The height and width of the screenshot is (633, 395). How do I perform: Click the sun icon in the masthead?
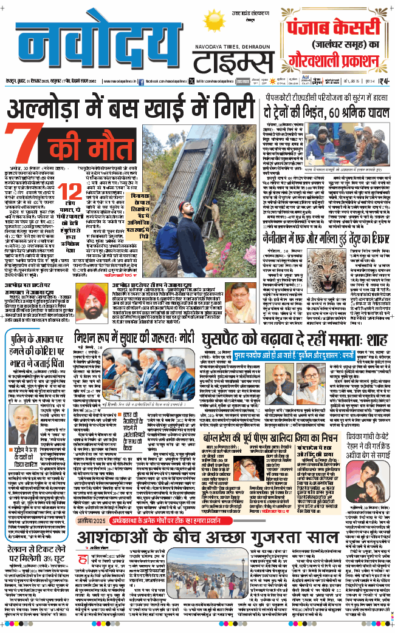pos(215,24)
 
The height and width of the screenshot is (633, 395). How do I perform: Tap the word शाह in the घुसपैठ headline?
pos(377,337)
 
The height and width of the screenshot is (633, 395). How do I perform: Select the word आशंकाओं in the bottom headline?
pos(115,538)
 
